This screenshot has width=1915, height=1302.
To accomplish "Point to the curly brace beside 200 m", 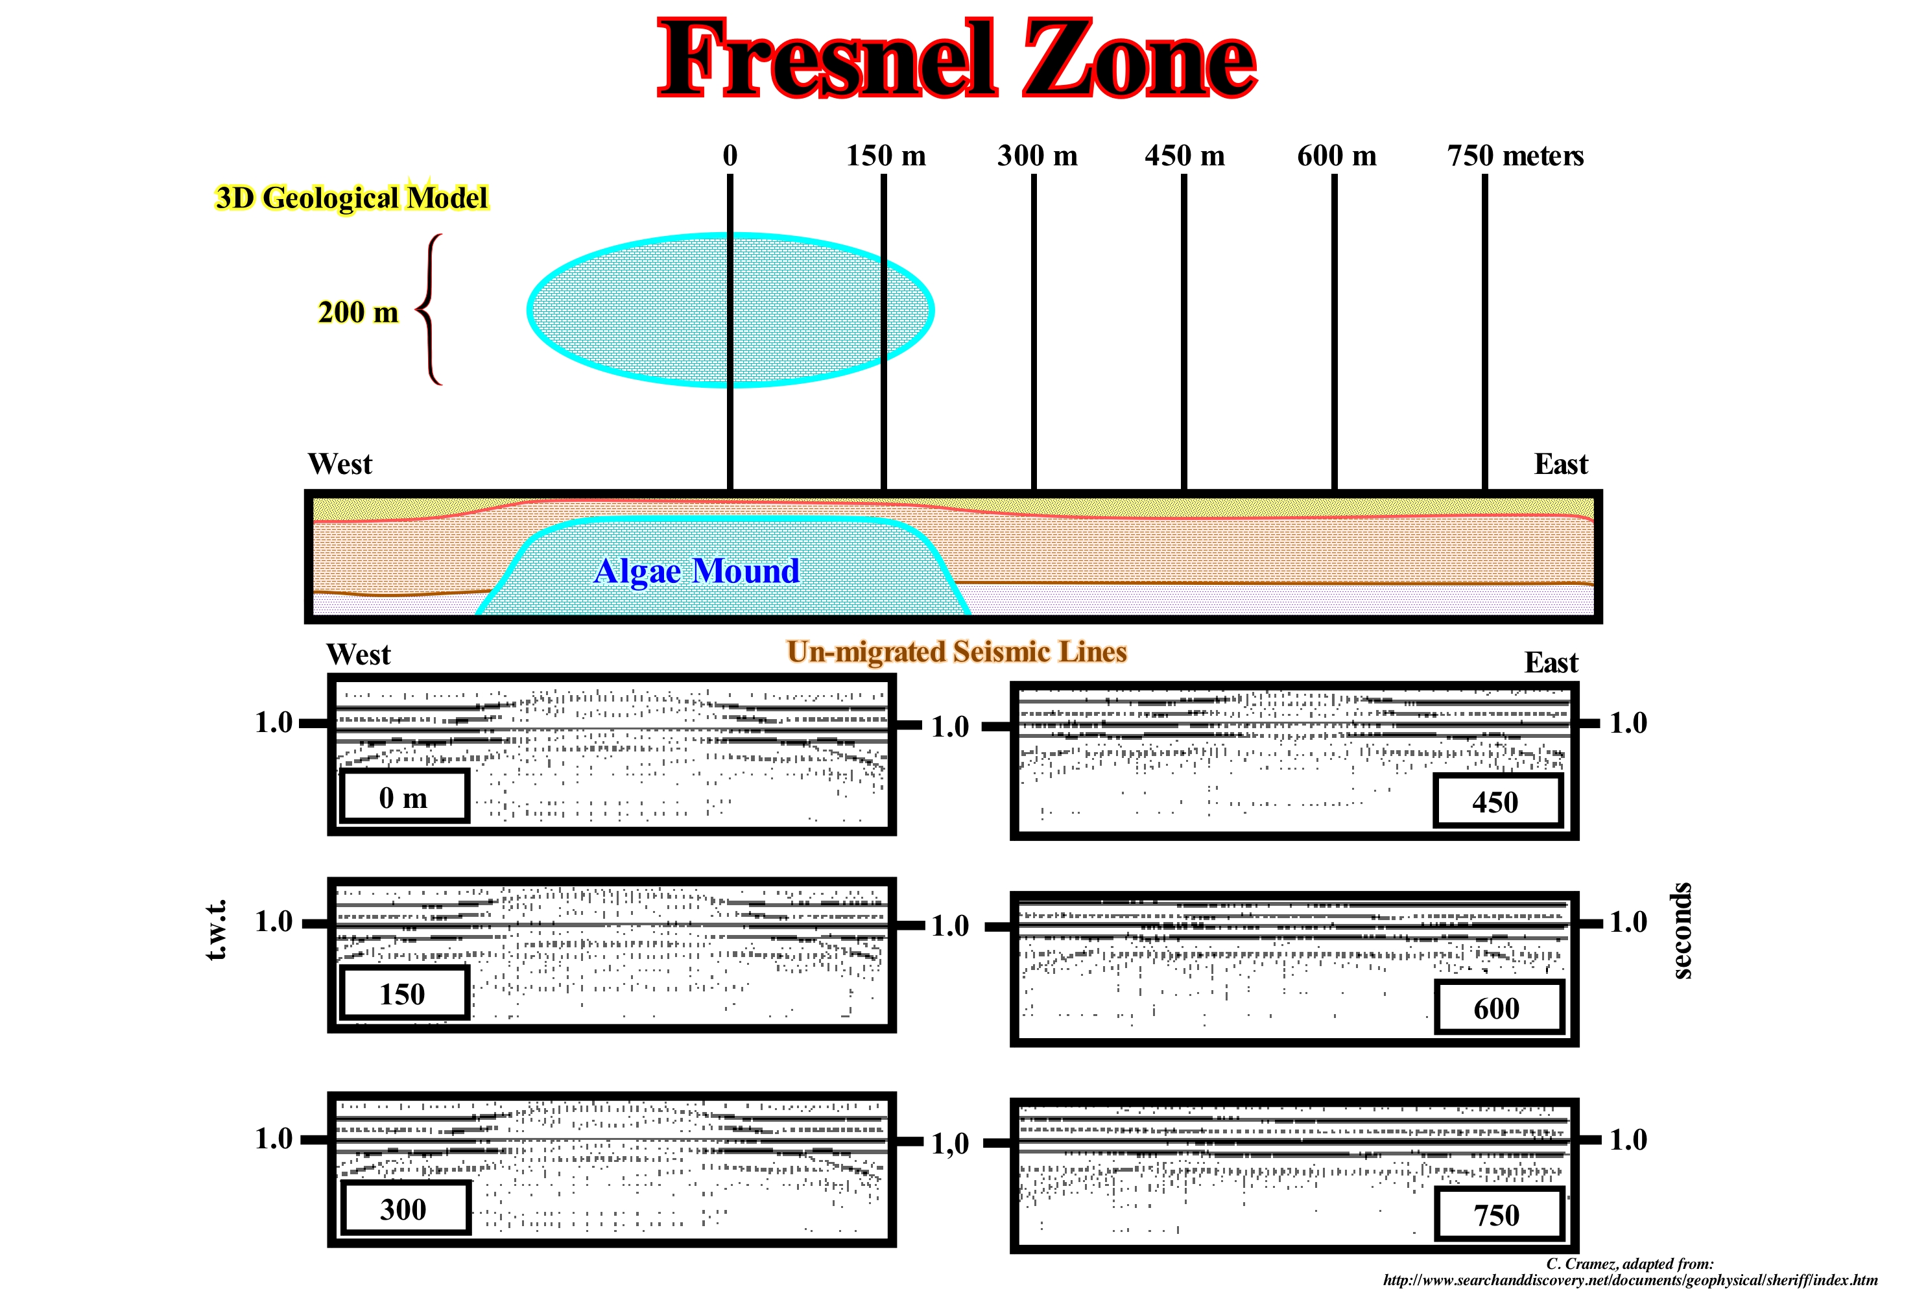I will pos(429,309).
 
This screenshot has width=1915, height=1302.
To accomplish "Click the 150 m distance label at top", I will pos(886,155).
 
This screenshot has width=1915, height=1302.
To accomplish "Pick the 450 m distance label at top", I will pos(1184,155).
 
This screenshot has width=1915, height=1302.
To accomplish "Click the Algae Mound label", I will pos(696,570).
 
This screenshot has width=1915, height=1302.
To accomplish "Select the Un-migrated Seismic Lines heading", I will pos(957,651).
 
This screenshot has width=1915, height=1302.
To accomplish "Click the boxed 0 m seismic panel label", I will pos(404,797).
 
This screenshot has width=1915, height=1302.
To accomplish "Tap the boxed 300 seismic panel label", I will pos(404,1209).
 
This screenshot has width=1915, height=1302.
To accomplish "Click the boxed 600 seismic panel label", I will pos(1497,1008).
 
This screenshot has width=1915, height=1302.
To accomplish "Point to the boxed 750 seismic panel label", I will pos(1497,1214).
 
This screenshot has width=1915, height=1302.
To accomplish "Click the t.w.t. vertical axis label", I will pos(216,930).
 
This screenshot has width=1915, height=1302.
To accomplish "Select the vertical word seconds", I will pos(1681,930).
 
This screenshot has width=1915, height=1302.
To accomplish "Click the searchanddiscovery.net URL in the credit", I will pos(1630,1281).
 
